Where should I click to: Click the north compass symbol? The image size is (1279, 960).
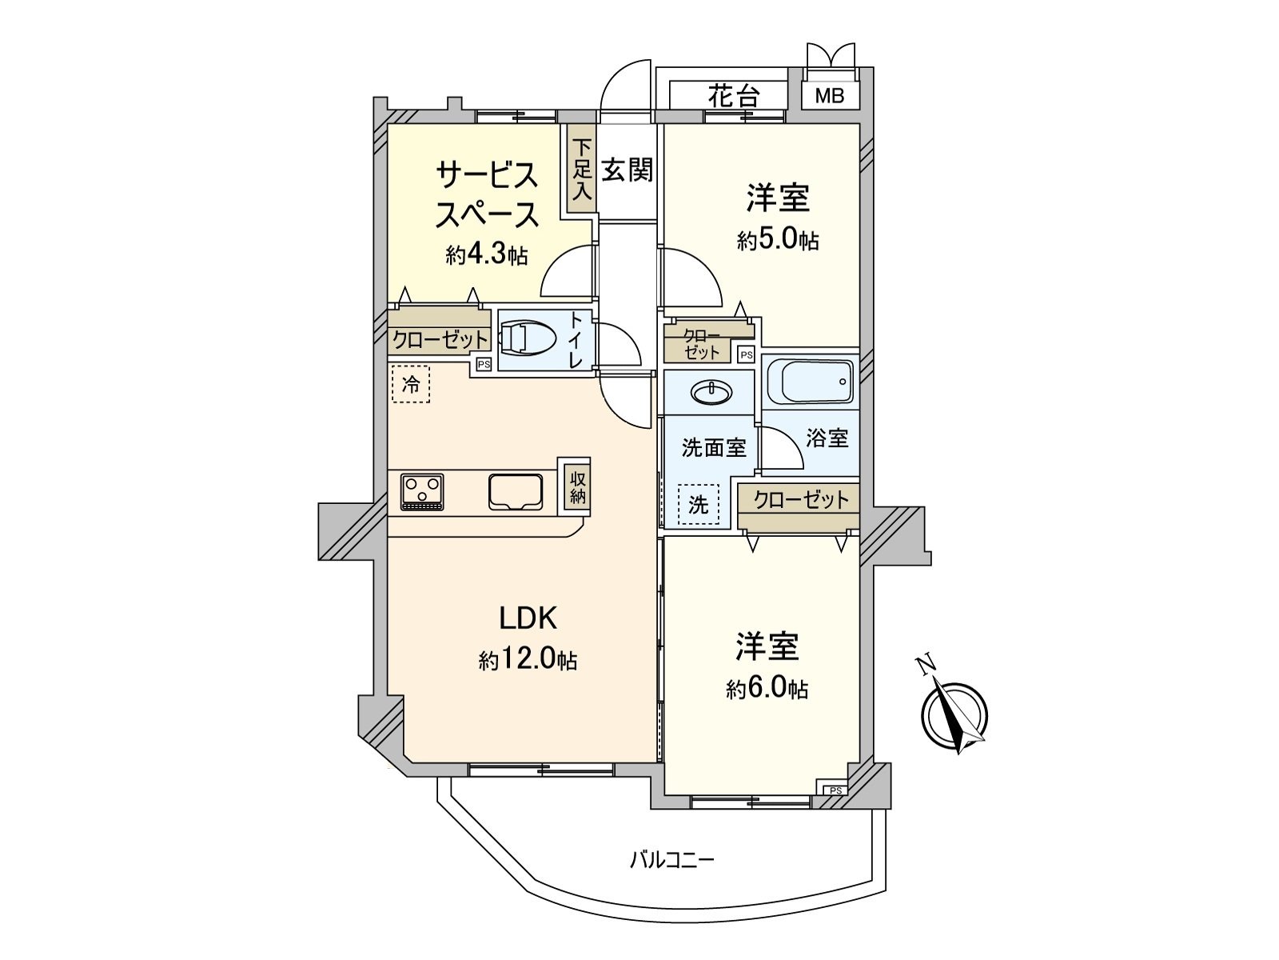pos(954,711)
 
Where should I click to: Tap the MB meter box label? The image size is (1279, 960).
pos(830,97)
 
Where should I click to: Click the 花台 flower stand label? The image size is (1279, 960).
pos(733,97)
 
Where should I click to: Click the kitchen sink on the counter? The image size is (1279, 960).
pos(516,491)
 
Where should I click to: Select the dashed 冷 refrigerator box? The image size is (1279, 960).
pos(411,385)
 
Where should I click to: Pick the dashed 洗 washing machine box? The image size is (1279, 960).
pos(699,505)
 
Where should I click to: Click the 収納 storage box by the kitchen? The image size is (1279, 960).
pos(578,487)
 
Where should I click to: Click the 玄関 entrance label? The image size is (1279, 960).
pos(628,170)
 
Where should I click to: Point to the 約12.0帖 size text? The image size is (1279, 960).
pos(528,660)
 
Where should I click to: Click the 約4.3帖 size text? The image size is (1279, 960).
pos(487,255)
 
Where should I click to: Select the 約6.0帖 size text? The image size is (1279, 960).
pos(767,688)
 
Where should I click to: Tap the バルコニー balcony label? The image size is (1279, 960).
pos(671,861)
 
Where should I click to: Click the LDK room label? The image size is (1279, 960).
pos(528,618)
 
